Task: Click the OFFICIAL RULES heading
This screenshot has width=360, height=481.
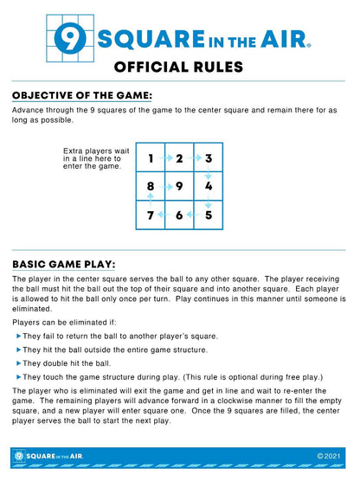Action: pos(179,67)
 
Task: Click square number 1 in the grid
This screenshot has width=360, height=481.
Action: pos(151,158)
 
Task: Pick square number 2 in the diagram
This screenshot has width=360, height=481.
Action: pos(179,158)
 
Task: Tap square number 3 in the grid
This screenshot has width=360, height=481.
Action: pos(209,158)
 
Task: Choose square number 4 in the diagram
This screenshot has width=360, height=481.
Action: pos(209,186)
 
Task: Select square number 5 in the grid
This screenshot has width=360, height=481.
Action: pos(209,215)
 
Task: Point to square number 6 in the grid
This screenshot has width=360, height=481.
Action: pos(179,215)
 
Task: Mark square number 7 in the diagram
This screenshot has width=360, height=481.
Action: pos(151,215)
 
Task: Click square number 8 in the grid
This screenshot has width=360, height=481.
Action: pos(151,186)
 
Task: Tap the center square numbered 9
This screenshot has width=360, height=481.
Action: pos(179,186)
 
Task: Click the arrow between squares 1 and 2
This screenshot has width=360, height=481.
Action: pos(165,158)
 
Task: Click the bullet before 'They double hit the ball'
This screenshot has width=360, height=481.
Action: pos(18,363)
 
